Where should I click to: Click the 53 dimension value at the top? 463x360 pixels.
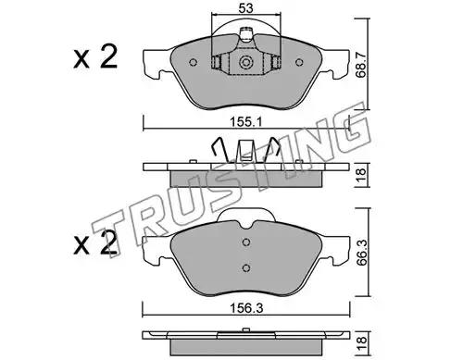click(245, 8)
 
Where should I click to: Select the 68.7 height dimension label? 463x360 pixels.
click(360, 65)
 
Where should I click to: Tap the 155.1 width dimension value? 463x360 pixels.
click(245, 122)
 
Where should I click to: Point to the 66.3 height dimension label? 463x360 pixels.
click(361, 253)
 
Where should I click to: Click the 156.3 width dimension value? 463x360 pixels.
click(248, 308)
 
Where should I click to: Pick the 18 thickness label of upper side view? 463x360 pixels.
click(361, 175)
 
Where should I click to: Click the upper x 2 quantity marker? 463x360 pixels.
click(95, 56)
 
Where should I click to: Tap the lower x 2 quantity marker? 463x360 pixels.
click(95, 243)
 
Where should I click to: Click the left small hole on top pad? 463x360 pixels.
click(193, 63)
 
